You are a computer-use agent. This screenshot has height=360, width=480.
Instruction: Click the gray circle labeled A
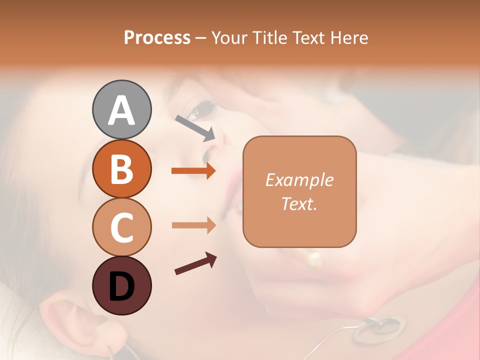point(121,109)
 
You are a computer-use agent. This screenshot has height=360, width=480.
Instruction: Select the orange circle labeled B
point(121,168)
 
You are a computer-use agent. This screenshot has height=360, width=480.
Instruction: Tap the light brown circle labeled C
point(121,226)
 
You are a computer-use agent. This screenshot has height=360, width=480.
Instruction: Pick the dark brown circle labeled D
point(121,285)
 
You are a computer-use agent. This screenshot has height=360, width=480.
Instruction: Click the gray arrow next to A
point(195,128)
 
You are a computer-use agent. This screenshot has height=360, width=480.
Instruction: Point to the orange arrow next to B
point(193,171)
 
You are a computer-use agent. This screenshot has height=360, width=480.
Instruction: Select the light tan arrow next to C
point(193,225)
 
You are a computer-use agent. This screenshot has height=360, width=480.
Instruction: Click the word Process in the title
point(157,37)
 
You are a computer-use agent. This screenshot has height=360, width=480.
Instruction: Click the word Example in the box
point(299,180)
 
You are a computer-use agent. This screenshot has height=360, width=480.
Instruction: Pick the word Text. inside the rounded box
point(299,203)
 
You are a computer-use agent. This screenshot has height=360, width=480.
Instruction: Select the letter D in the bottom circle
point(121,286)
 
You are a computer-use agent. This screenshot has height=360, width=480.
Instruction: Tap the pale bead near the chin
point(315,259)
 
